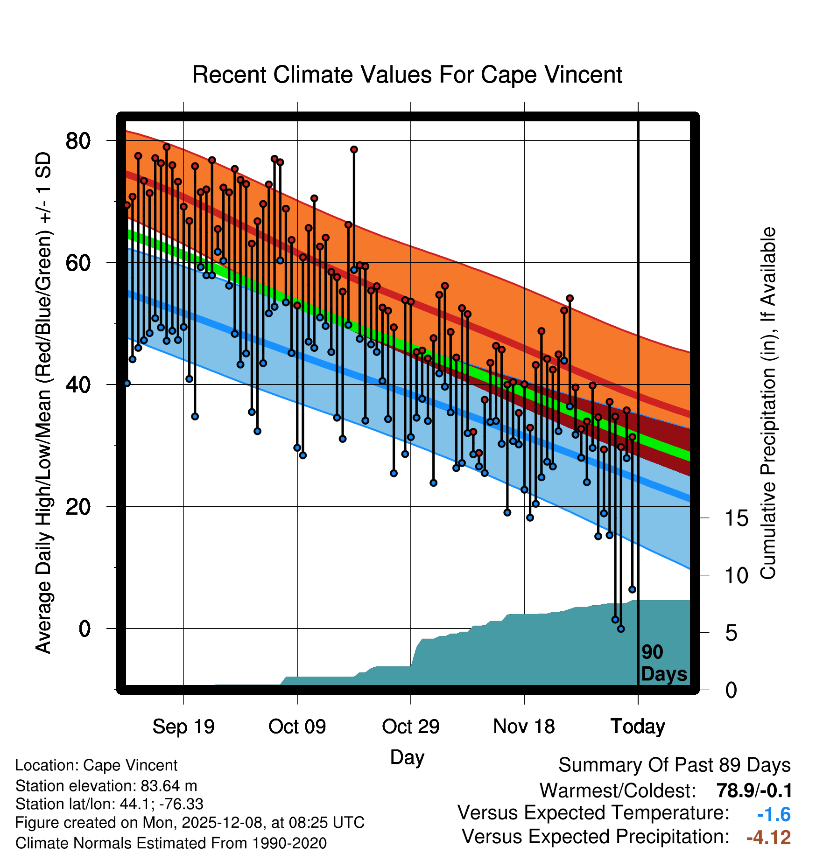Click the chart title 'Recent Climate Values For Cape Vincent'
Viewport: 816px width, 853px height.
click(407, 75)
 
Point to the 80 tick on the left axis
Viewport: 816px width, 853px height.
click(78, 140)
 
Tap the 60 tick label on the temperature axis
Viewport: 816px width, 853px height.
click(78, 263)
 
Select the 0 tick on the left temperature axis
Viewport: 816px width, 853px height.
click(84, 629)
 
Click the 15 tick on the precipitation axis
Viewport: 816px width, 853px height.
click(736, 518)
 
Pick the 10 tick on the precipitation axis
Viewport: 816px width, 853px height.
click(736, 575)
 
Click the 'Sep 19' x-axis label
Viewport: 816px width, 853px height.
click(183, 727)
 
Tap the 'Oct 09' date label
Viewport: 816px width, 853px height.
click(297, 727)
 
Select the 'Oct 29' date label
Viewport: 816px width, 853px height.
click(411, 727)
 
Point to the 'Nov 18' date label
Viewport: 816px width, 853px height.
click(524, 727)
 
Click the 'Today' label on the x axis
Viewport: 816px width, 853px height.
click(638, 727)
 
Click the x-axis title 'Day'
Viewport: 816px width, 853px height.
click(407, 757)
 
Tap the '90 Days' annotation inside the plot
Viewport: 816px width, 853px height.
click(663, 664)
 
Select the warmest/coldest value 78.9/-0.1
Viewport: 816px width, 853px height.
click(754, 790)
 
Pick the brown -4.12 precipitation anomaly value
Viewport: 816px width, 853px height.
click(768, 837)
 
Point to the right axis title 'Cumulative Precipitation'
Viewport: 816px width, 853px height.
click(768, 404)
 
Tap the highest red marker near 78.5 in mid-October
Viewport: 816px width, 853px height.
click(354, 149)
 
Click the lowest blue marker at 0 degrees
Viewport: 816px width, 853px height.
click(621, 629)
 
